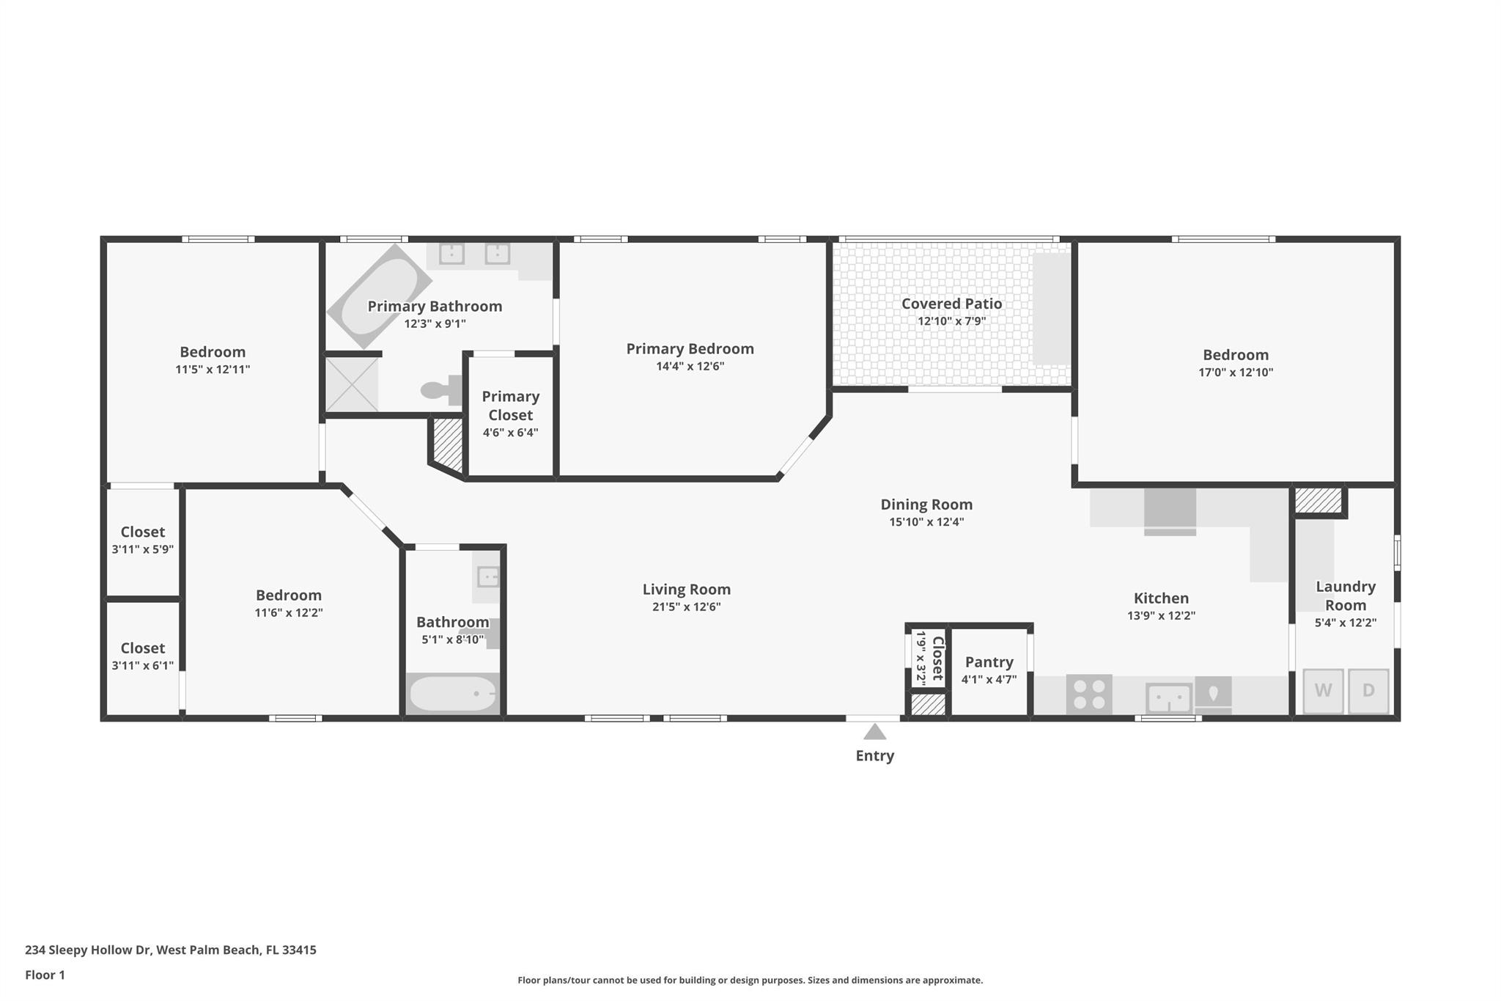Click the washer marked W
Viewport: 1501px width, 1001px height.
click(1323, 691)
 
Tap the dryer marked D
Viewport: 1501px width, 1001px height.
click(1368, 691)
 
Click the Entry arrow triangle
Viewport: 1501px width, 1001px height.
click(874, 732)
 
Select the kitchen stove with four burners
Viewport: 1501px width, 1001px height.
click(1089, 694)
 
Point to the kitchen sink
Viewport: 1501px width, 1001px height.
click(1168, 697)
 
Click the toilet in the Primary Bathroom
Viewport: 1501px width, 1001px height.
click(441, 390)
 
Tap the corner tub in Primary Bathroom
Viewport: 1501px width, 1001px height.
click(379, 296)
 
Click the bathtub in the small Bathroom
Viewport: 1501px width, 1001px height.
click(452, 694)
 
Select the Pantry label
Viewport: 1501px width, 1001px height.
click(989, 661)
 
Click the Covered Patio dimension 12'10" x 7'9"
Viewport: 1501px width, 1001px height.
click(951, 321)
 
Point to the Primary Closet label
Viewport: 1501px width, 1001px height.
click(510, 406)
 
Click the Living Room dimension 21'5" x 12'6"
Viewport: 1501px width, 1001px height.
click(686, 607)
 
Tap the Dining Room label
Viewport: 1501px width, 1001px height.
click(926, 505)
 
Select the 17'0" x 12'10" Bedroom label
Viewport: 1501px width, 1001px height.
click(1235, 355)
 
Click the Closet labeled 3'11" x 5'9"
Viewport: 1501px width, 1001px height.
click(142, 532)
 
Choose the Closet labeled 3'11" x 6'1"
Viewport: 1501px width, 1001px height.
click(142, 648)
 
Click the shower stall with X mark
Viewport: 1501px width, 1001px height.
click(352, 384)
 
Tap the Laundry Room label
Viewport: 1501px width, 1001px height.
click(1345, 595)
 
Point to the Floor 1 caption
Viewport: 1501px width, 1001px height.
click(45, 975)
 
